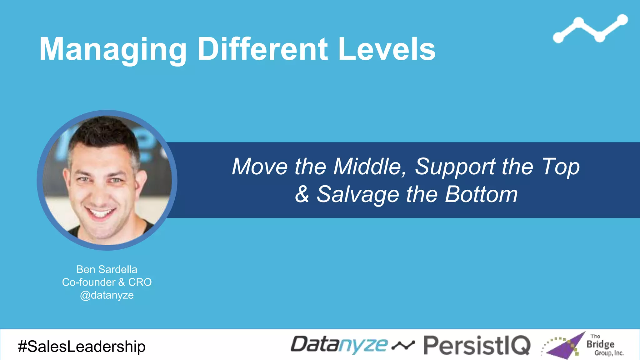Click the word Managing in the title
click(x=112, y=49)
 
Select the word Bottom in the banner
click(x=481, y=194)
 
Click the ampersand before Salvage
click(x=302, y=194)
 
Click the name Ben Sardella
click(x=107, y=269)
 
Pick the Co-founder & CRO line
click(x=107, y=282)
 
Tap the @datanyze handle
click(x=107, y=295)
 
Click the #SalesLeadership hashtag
click(x=82, y=346)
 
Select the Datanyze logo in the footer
click(x=339, y=345)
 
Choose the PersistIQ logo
click(x=477, y=345)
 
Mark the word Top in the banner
click(x=561, y=166)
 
